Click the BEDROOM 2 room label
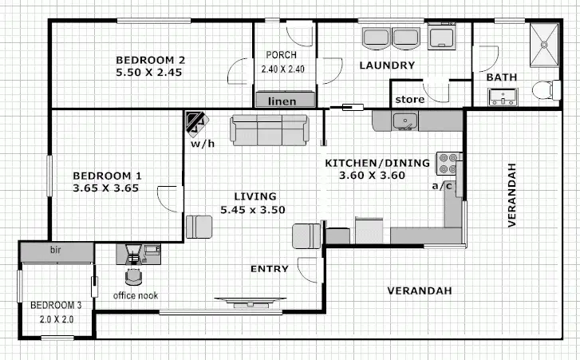click(151, 60)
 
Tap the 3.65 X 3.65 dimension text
click(107, 189)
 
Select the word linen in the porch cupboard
click(282, 101)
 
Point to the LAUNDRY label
click(386, 65)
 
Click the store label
click(409, 100)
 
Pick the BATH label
click(501, 77)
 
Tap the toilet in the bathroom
click(545, 90)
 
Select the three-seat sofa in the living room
click(269, 130)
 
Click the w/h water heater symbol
click(195, 125)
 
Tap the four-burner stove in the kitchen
click(448, 164)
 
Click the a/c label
click(442, 186)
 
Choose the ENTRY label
click(269, 269)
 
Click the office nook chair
click(134, 276)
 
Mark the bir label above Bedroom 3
click(56, 251)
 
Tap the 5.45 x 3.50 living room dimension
click(253, 210)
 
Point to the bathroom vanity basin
click(503, 97)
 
